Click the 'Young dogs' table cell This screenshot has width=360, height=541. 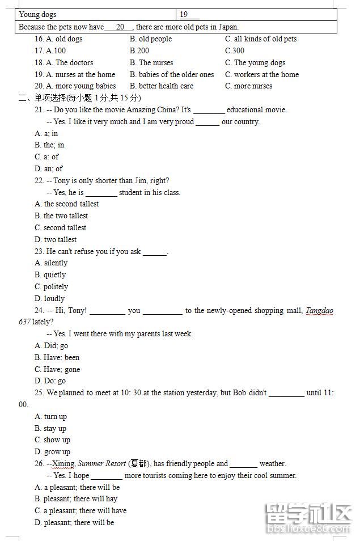pos(37,15)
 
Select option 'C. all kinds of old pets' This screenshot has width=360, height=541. pos(260,39)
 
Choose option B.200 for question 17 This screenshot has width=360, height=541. pos(139,51)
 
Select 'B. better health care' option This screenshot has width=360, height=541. pos(162,86)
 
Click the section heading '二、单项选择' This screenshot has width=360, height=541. pos(50,98)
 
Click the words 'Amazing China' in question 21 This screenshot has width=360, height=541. pos(153,110)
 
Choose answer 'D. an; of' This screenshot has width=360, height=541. pos(49,168)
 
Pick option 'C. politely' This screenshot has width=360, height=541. pos(52,287)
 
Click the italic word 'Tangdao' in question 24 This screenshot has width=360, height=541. pos(320,311)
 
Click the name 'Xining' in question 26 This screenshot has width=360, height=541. pos(63,464)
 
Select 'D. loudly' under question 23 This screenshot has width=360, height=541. pos(50,299)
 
